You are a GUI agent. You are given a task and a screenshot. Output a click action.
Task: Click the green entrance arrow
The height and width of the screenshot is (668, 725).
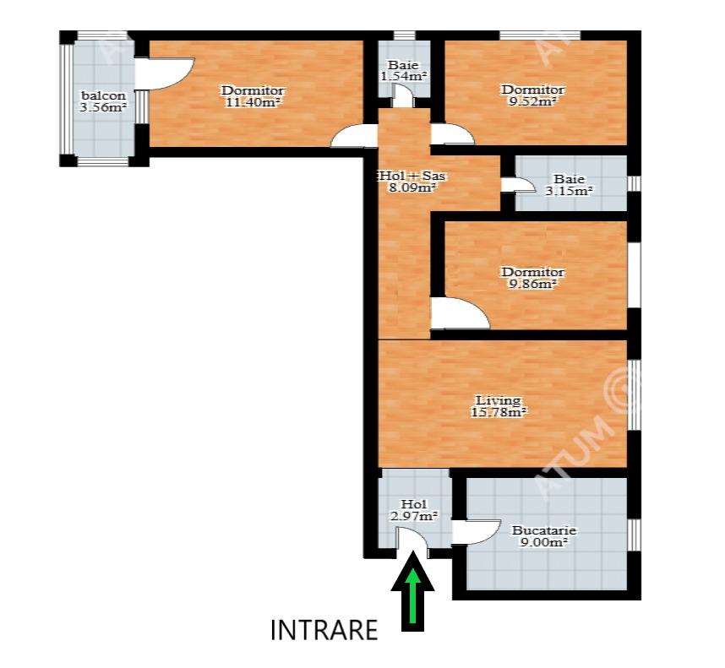coord(412,592)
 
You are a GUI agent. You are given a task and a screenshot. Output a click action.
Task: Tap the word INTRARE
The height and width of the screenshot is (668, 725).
coord(324,630)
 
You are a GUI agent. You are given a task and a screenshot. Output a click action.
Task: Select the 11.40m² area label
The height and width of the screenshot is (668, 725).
coord(253,102)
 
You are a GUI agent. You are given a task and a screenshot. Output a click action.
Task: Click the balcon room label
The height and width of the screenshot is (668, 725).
coord(104,95)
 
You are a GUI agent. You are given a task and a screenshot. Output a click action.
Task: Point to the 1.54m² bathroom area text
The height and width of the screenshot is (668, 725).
coord(404,76)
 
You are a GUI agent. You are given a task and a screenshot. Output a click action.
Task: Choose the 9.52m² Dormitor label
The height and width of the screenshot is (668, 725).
coord(533,95)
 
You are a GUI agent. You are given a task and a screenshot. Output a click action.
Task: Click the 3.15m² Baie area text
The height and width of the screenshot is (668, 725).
coord(570,190)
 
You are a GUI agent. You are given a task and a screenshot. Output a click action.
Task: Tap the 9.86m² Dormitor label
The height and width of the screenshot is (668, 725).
coord(533,278)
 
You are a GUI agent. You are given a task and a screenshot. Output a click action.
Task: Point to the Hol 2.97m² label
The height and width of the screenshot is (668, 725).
coord(414,510)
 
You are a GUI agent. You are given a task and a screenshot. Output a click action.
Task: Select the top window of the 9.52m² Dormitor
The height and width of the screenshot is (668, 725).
coord(540,35)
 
